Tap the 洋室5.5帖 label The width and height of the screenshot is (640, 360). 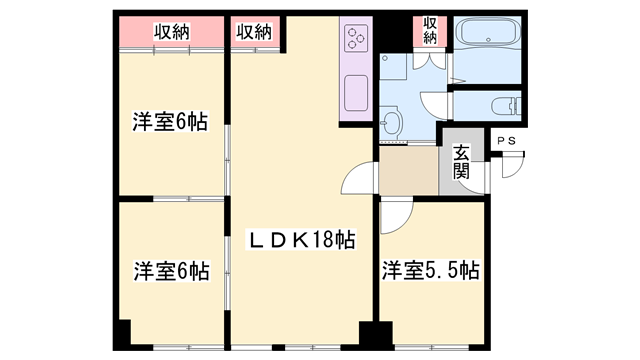pyautogui.click(x=430, y=270)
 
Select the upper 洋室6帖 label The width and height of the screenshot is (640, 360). pyautogui.click(x=170, y=122)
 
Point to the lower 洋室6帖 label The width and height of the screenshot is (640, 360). pyautogui.click(x=170, y=270)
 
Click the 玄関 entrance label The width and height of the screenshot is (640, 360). pyautogui.click(x=461, y=163)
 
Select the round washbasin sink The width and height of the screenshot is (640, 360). pyautogui.click(x=391, y=124)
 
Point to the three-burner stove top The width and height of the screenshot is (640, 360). pyautogui.click(x=356, y=37)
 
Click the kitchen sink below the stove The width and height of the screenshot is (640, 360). pyautogui.click(x=354, y=96)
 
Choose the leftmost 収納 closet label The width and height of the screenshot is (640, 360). pyautogui.click(x=171, y=31)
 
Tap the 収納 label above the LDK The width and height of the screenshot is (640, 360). pyautogui.click(x=254, y=31)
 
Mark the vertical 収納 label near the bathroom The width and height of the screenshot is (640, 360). pyautogui.click(x=430, y=29)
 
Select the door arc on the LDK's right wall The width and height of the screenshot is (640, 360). pyautogui.click(x=355, y=180)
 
